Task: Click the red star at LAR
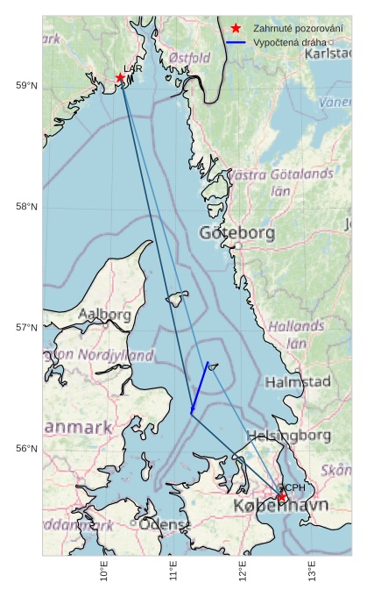120,78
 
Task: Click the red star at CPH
282,497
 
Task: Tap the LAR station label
133,68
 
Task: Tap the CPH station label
293,487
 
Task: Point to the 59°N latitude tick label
27,85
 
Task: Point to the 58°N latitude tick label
27,207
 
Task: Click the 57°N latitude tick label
27,328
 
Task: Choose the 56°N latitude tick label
27,449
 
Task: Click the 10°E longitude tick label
104,573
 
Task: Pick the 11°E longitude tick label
173,573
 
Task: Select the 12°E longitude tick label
243,573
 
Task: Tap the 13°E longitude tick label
312,573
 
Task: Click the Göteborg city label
236,233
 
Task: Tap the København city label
280,506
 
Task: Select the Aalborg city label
104,314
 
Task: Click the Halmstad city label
298,382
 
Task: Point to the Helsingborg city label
287,436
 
